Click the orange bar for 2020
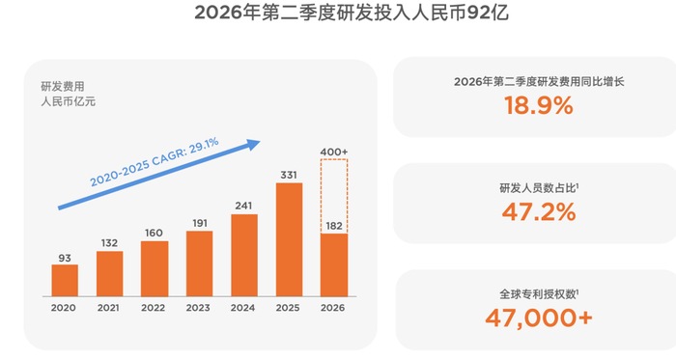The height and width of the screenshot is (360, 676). click(65, 280)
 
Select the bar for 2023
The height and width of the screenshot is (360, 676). click(199, 263)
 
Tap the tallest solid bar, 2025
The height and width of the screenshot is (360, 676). click(289, 239)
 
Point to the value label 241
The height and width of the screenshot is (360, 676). click(243, 206)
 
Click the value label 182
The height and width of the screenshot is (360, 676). click(334, 226)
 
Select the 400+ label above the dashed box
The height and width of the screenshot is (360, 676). click(334, 152)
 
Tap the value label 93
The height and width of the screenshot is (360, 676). click(65, 258)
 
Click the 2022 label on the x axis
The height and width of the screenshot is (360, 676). click(153, 308)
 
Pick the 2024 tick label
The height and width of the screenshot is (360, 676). click(242, 308)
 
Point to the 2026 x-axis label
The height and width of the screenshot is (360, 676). click(332, 308)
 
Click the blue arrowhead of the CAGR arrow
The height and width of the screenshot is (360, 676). click(253, 144)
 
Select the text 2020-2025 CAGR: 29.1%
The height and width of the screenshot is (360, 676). click(155, 161)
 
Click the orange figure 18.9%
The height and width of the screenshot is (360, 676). click(539, 105)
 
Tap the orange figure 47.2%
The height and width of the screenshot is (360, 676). click(539, 212)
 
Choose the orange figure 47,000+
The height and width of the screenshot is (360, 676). click(539, 318)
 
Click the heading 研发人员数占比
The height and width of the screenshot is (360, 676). click(538, 188)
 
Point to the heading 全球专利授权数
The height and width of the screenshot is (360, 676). click(538, 294)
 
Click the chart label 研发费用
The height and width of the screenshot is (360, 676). click(63, 87)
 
